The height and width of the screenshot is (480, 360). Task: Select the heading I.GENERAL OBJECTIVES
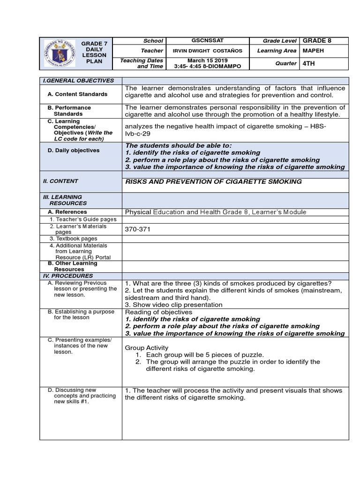78,81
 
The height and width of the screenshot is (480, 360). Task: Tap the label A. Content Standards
77,94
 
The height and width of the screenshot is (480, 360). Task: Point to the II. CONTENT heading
60,181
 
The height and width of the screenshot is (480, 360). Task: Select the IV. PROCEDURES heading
68,276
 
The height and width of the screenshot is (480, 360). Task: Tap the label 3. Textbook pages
74,239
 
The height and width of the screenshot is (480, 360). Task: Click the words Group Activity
147,348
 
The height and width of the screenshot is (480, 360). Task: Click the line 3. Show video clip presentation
173,304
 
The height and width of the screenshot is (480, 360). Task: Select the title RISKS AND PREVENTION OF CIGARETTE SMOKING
213,181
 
